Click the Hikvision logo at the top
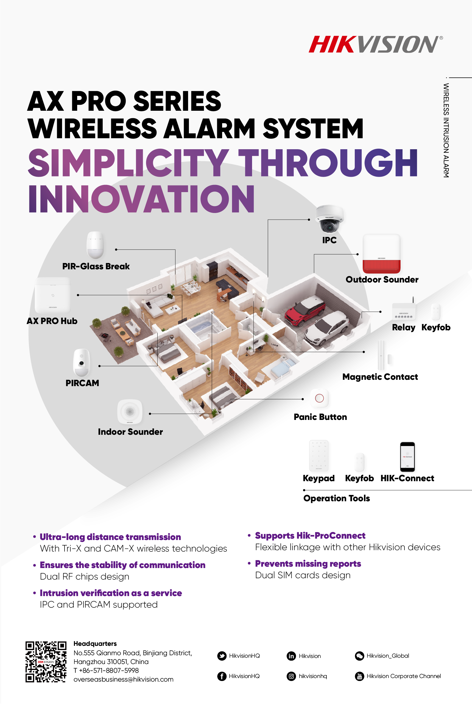click(x=376, y=44)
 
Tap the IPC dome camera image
click(x=329, y=219)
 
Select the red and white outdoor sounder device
click(x=381, y=254)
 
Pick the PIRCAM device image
click(x=81, y=363)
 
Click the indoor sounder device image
click(x=130, y=411)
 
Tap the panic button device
click(x=319, y=398)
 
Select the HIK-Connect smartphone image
click(x=407, y=457)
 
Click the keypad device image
click(x=319, y=456)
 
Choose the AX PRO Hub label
click(x=52, y=321)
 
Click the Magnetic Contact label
click(x=380, y=377)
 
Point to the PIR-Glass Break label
click(x=96, y=266)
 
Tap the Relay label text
click(x=403, y=327)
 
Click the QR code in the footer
click(x=46, y=662)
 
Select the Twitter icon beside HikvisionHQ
click(x=222, y=656)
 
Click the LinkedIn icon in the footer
click(x=291, y=656)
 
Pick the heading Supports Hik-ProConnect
click(x=310, y=536)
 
